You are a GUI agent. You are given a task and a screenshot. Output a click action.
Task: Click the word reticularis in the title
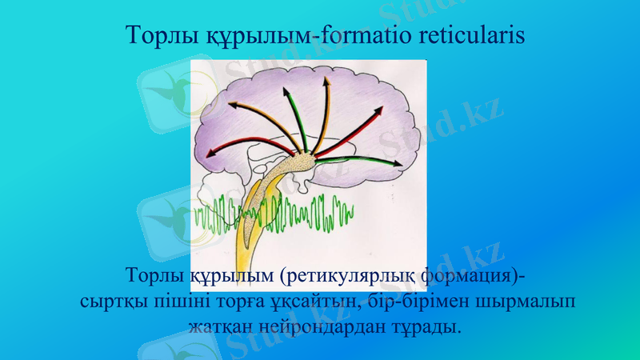(466, 36)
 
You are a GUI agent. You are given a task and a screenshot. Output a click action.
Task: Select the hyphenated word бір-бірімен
(419, 302)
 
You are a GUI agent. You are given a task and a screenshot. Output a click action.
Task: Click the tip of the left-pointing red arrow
(211, 156)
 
